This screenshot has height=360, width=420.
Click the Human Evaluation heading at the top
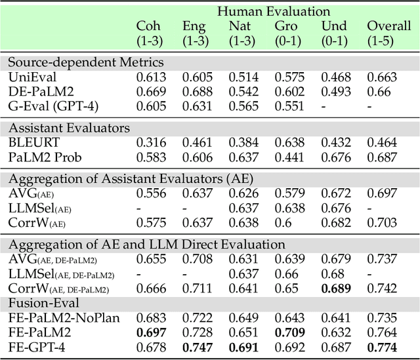(x=274, y=11)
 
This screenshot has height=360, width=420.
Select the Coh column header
(x=148, y=26)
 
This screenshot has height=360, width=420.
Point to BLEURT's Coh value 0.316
(x=151, y=141)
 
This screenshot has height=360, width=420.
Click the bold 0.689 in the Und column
(x=335, y=289)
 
